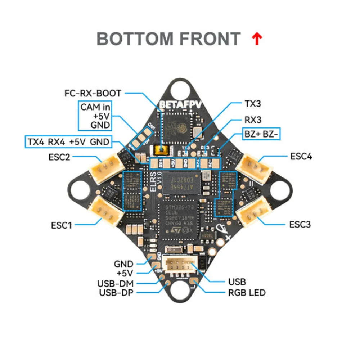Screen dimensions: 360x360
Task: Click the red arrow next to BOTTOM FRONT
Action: point(257,39)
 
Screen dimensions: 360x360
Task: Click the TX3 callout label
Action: point(253,104)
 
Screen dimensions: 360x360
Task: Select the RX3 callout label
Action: point(253,120)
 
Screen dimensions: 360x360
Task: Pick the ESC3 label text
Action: point(300,224)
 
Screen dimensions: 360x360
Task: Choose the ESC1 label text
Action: point(62,225)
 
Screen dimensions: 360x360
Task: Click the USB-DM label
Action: point(115,283)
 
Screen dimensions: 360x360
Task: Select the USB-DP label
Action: point(116,292)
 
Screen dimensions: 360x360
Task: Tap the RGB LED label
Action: point(247,292)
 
